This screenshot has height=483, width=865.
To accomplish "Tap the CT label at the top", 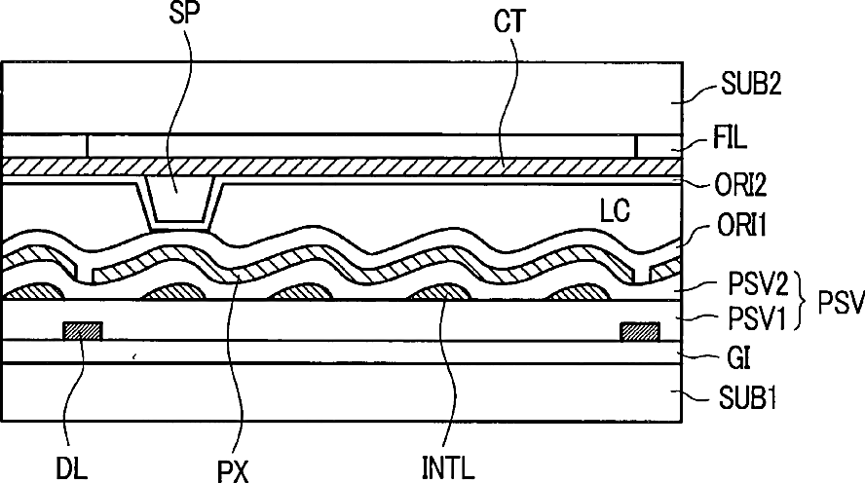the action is [x=509, y=21].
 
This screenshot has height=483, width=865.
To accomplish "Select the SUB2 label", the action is [x=751, y=85].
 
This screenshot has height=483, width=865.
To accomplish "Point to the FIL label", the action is [x=730, y=137].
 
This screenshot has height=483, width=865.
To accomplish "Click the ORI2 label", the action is [x=740, y=185].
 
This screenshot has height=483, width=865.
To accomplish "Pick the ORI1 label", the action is [x=742, y=225].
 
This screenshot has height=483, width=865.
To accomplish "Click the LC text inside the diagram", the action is [x=615, y=210].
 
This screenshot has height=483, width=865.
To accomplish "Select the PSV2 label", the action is [x=758, y=284].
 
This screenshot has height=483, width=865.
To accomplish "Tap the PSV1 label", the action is [x=756, y=318].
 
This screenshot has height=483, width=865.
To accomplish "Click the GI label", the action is [x=738, y=358].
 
